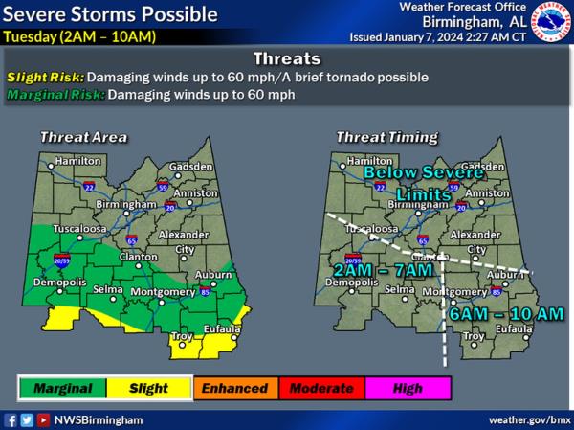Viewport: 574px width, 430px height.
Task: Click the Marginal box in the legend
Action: (x=62, y=388)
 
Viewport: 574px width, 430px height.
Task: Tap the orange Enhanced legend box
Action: (x=234, y=388)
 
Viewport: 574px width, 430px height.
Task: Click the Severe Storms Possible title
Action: (x=111, y=15)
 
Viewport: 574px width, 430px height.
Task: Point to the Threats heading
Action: (x=287, y=58)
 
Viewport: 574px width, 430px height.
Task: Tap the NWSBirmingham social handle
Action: (x=99, y=419)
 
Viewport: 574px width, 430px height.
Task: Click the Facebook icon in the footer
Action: (x=11, y=419)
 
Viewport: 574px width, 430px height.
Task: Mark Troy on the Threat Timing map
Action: (x=474, y=336)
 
